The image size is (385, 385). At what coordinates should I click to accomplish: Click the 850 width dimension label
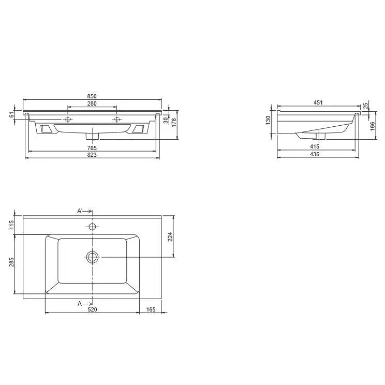point(92,96)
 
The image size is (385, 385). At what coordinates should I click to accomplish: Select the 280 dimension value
point(92,103)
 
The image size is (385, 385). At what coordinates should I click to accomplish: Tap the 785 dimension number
point(92,148)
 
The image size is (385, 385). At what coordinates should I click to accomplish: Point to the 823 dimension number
point(92,155)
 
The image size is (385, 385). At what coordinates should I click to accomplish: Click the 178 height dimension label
point(174,123)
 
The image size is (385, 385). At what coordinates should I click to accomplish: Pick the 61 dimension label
point(12,115)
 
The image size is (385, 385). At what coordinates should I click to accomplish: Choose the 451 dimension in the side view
point(318,102)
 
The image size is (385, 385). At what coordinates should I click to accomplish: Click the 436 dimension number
point(315,154)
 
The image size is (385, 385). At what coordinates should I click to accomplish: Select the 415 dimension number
point(315,147)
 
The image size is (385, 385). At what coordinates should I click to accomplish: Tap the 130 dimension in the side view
point(268,120)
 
